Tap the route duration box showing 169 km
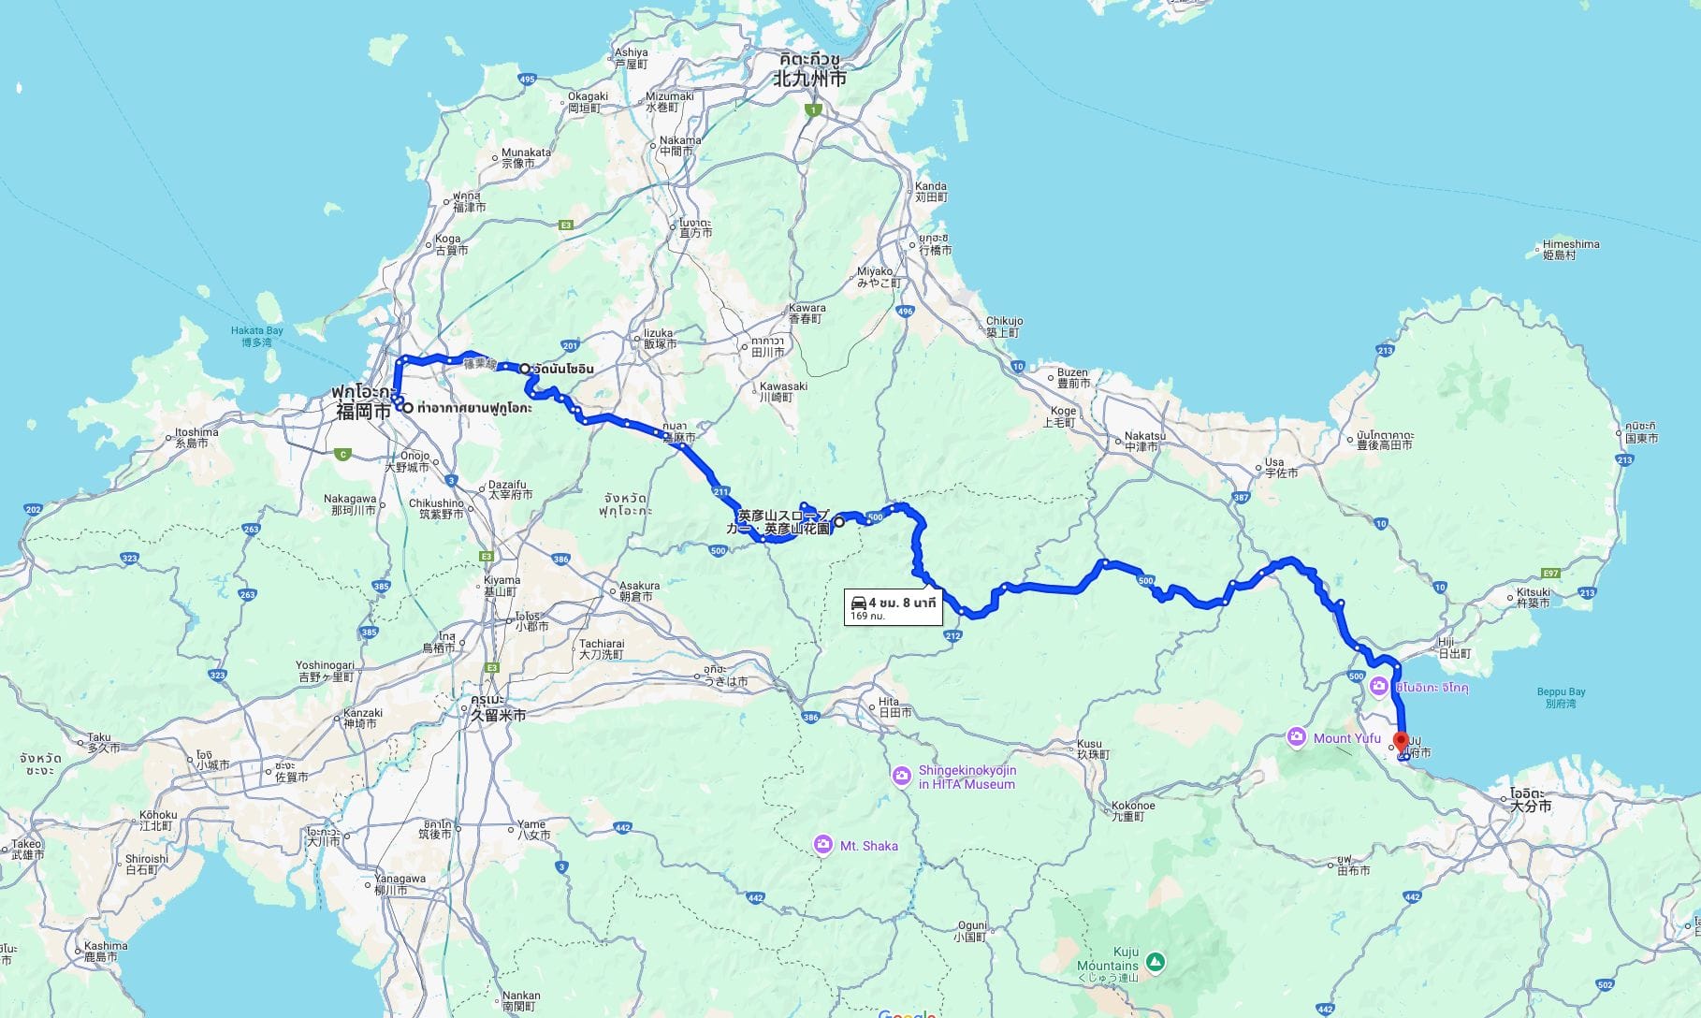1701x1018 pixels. [x=893, y=607]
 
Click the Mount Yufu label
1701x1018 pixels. [x=1346, y=738]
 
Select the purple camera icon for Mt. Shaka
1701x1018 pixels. [x=822, y=845]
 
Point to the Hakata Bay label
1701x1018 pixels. [x=256, y=336]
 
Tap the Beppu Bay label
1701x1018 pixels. [x=1560, y=697]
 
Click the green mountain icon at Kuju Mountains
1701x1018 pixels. [x=1156, y=962]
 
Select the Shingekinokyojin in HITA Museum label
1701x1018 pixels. [x=966, y=778]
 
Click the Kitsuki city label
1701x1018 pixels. [x=1533, y=597]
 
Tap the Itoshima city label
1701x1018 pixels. [x=196, y=437]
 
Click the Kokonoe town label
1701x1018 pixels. [x=1132, y=810]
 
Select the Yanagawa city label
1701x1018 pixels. [x=400, y=884]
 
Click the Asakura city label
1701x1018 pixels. [x=639, y=590]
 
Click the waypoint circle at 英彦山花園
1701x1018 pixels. [x=839, y=522]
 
